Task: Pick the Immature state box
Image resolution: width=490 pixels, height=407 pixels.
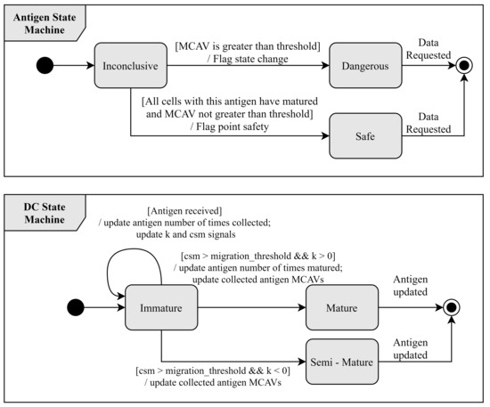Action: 161,309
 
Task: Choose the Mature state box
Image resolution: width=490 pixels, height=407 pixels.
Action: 342,309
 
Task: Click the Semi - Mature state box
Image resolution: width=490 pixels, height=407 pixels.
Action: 342,361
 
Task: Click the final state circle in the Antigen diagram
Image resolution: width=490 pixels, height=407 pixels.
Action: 464,66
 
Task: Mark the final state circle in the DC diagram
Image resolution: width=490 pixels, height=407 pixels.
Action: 453,309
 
